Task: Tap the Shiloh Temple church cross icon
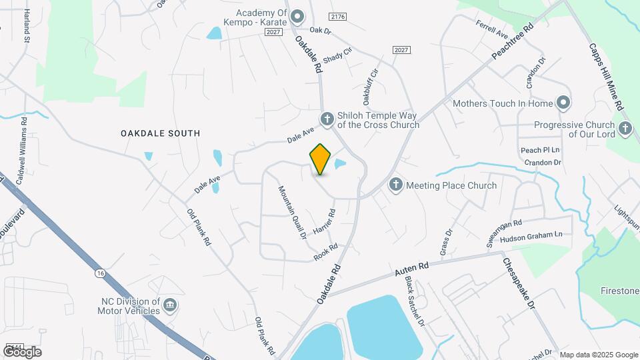327,119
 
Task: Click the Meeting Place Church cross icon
396,185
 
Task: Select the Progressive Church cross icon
625,129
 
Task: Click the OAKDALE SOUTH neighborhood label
160,133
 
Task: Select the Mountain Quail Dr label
291,212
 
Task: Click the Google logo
22,351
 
